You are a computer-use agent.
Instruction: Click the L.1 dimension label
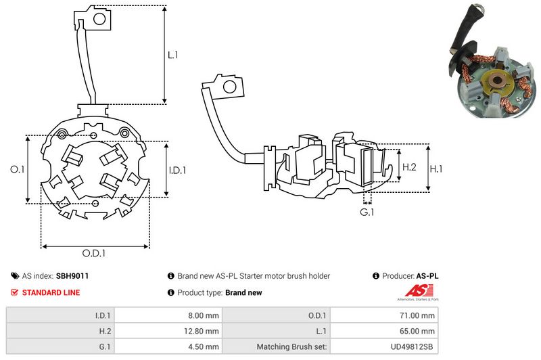click(x=173, y=54)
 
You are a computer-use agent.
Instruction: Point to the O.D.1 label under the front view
click(x=95, y=254)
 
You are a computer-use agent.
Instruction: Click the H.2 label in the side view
click(x=409, y=166)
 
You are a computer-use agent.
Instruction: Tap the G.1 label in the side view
click(x=367, y=212)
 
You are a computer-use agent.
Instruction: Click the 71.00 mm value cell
click(x=420, y=315)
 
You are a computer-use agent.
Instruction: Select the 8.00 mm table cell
click(x=204, y=315)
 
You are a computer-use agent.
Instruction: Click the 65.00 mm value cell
click(x=420, y=331)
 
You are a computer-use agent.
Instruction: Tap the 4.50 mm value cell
click(x=204, y=347)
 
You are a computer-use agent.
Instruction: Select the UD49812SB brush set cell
click(x=413, y=347)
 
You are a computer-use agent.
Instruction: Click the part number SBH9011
click(x=72, y=276)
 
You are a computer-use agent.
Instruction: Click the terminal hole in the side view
click(x=230, y=87)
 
